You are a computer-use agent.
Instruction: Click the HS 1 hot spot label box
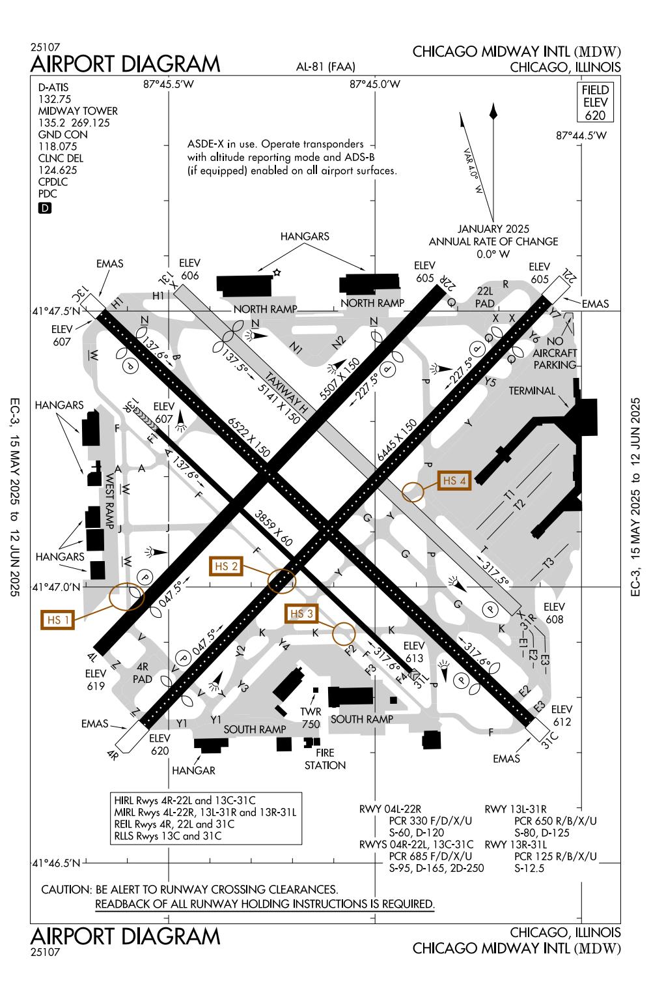(x=58, y=620)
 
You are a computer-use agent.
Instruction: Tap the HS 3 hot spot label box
(x=302, y=614)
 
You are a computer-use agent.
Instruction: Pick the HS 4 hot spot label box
(x=454, y=481)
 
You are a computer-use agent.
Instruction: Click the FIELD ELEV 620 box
(x=595, y=103)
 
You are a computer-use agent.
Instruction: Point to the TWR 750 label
(x=311, y=717)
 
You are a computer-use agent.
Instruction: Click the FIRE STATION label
(x=325, y=759)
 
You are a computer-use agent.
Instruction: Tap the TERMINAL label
(x=532, y=391)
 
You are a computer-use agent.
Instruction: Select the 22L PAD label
(x=486, y=297)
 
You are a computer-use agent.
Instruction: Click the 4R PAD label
(x=143, y=673)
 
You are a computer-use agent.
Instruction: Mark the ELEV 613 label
(x=414, y=651)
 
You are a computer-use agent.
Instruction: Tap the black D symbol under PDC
(x=44, y=208)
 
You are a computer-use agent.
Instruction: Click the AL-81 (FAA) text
(x=325, y=66)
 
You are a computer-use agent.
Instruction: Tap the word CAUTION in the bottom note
(x=65, y=889)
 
